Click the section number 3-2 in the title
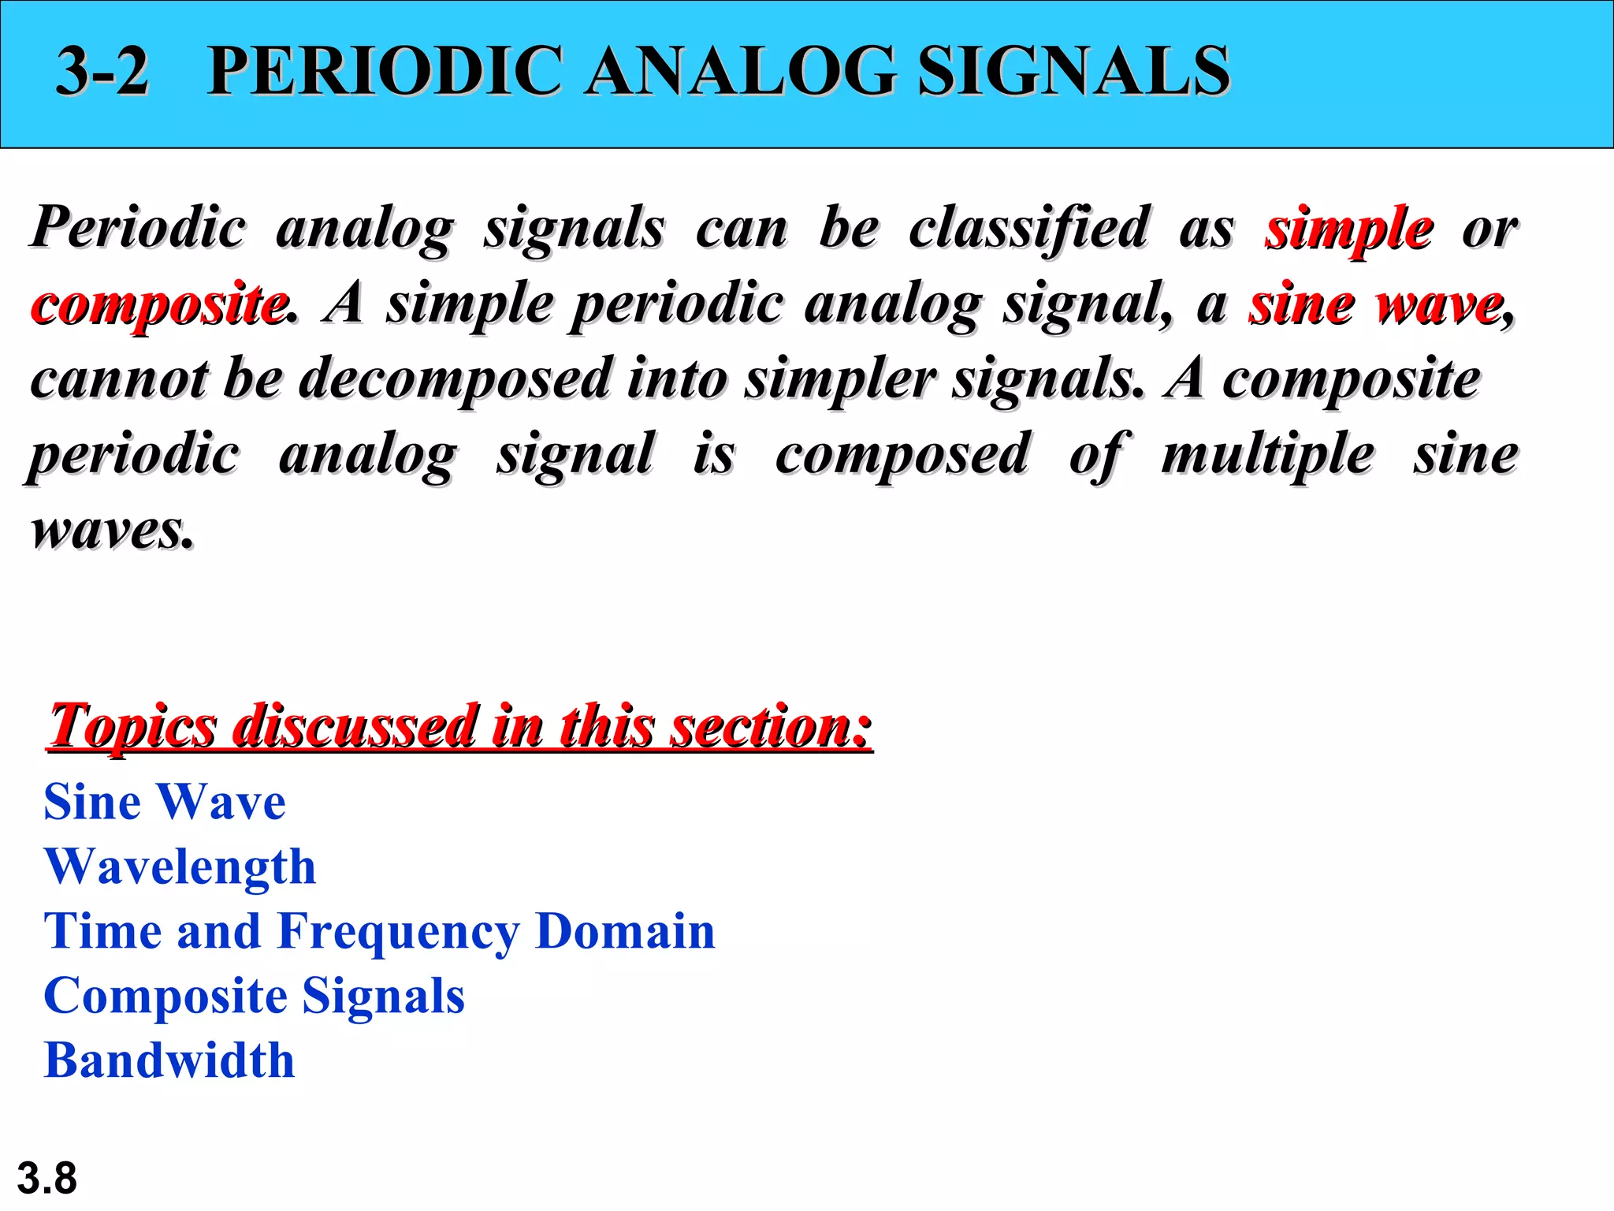102,71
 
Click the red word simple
1349,229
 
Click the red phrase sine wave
1376,304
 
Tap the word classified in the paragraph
1029,229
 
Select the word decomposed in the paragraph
455,379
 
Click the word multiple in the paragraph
1268,455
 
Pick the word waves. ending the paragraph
111,530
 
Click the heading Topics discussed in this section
460,725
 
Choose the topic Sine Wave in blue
165,803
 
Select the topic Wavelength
180,867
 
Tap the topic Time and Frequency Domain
379,932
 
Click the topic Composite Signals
255,997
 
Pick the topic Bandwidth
169,1060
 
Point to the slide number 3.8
47,1179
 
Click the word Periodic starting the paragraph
139,229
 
